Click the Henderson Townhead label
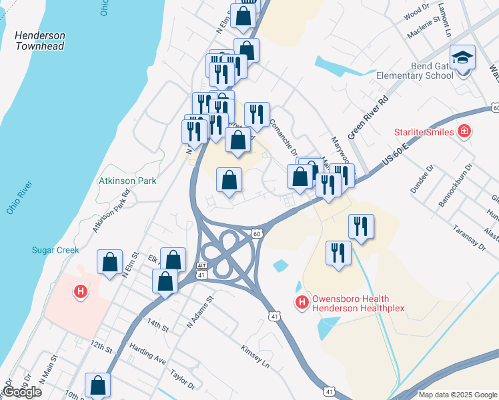41,41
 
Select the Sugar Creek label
55,250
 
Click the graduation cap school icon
462,58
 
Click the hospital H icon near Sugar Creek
81,291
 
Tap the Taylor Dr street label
182,380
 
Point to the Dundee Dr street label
422,179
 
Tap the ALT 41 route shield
202,269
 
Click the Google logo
22,392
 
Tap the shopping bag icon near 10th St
98,386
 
